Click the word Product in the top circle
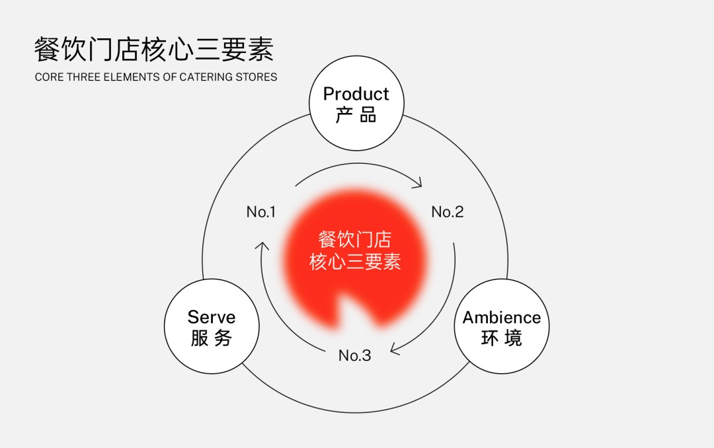[356, 94]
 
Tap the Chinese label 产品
[356, 115]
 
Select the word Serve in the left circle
[212, 317]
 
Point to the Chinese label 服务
[212, 338]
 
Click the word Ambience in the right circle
[502, 317]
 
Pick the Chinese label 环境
[502, 338]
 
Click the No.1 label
[261, 211]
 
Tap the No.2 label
[447, 211]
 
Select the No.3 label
[355, 355]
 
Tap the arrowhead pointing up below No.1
[262, 246]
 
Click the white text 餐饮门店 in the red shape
[355, 239]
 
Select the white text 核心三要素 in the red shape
[355, 262]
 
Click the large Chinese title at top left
[154, 49]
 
